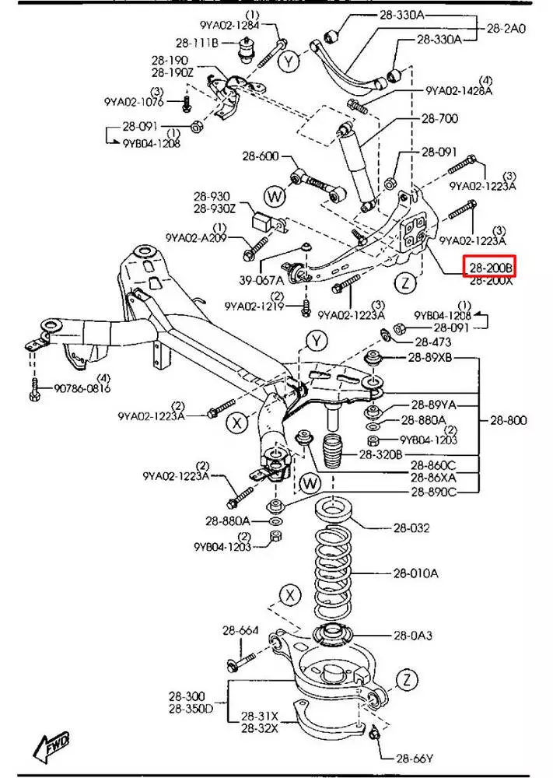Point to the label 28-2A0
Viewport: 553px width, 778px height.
[506, 28]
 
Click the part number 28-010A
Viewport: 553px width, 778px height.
[415, 573]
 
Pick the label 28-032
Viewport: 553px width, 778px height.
[411, 528]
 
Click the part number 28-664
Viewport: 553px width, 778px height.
[240, 630]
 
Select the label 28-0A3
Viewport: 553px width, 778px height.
[413, 635]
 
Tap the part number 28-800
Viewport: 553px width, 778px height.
[509, 420]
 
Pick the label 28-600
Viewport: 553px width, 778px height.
[260, 156]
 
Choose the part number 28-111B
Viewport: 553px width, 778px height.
[197, 43]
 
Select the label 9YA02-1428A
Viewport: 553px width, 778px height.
[458, 90]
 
